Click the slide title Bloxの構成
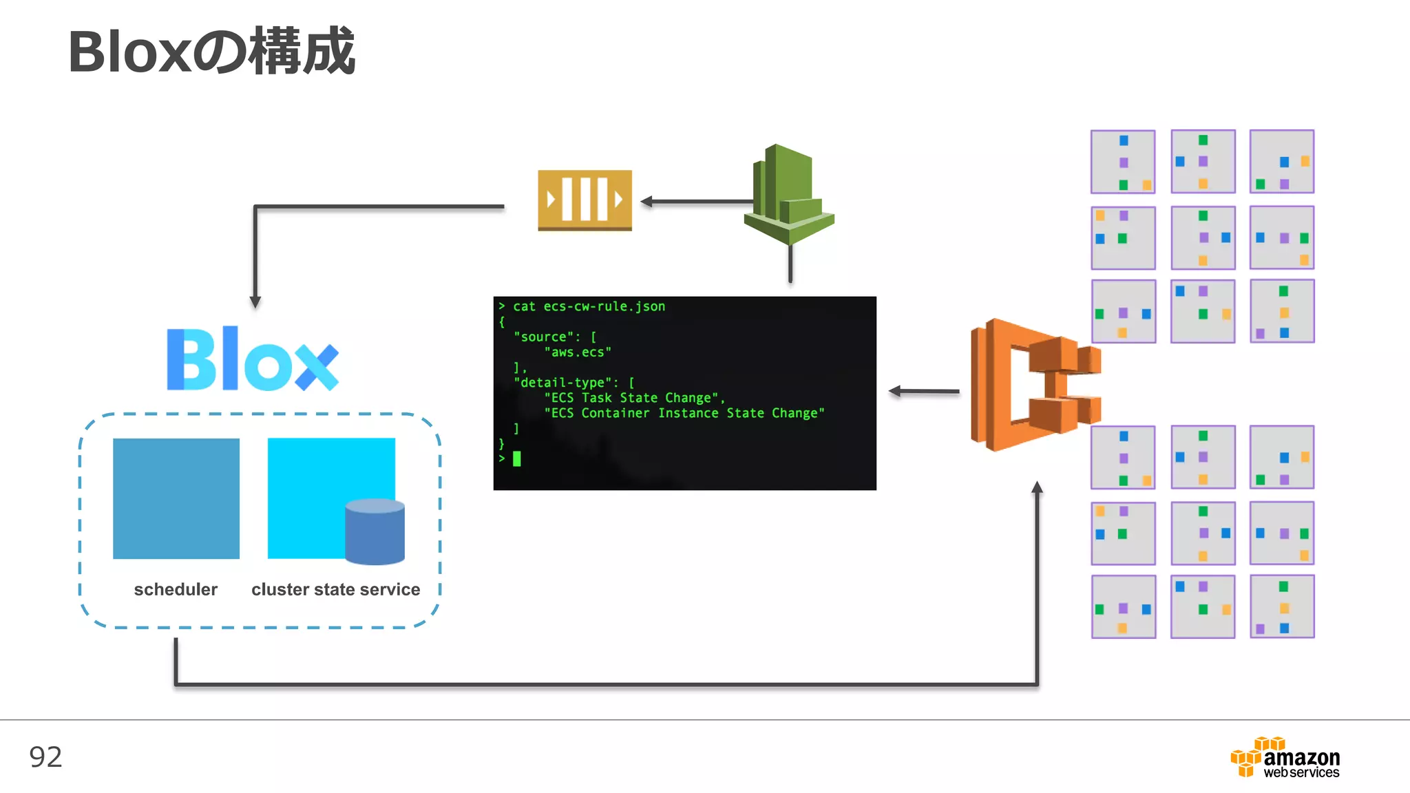click(211, 52)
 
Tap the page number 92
click(45, 757)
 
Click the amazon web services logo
click(1285, 758)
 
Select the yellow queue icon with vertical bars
click(585, 200)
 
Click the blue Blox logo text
click(253, 359)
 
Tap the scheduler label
click(176, 589)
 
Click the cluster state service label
click(335, 589)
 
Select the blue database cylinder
click(375, 531)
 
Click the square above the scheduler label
click(176, 498)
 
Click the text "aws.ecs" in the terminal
click(577, 352)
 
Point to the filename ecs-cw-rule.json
click(604, 306)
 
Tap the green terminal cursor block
click(517, 458)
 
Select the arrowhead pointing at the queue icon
click(646, 202)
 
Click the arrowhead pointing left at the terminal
click(895, 391)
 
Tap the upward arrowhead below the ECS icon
click(1037, 487)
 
